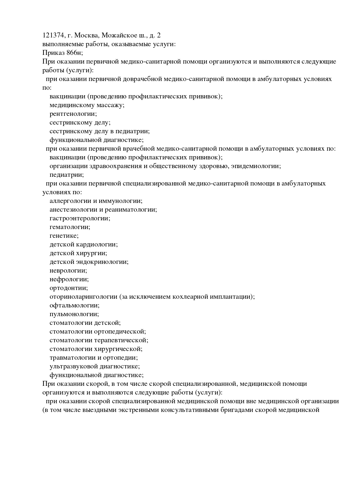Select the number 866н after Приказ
pyautogui.click(x=74, y=53)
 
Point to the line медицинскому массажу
pyautogui.click(x=87, y=105)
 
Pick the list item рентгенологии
pyautogui.click(x=73, y=114)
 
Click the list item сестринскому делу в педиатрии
pyautogui.click(x=100, y=131)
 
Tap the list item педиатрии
pyautogui.click(x=66, y=175)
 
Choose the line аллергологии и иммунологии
pyautogui.click(x=96, y=201)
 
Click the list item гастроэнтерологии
pyautogui.click(x=80, y=218)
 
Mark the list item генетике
pyautogui.click(x=64, y=236)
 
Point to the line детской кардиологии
pyautogui.click(x=84, y=244)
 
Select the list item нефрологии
pyautogui.click(x=69, y=279)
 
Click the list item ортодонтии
pyautogui.click(x=69, y=288)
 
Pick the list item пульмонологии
pyautogui.click(x=74, y=314)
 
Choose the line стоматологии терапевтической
pyautogui.click(x=99, y=340)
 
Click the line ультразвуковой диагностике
pyautogui.click(x=95, y=366)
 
